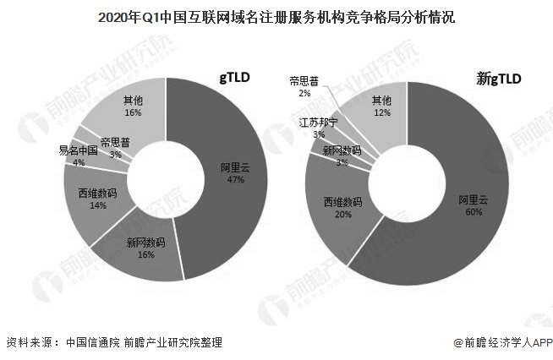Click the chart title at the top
tap(276, 16)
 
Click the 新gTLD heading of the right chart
tap(499, 79)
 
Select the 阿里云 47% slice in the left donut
tap(232, 172)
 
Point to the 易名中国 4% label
tap(78, 155)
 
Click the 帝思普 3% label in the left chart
tap(116, 148)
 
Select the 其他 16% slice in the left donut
tap(133, 106)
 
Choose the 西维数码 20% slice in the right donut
tap(342, 208)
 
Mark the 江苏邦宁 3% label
tap(319, 128)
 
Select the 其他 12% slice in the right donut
tap(383, 106)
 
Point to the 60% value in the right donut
tap(473, 212)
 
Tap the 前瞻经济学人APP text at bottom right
tap(501, 343)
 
